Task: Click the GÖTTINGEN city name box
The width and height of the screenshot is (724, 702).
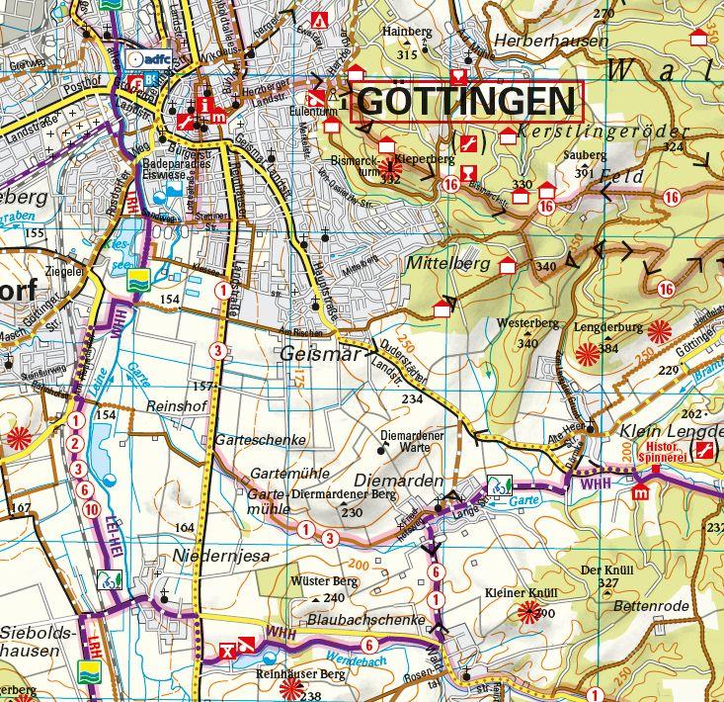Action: pyautogui.click(x=465, y=101)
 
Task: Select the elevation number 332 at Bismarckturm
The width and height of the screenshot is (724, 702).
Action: pyautogui.click(x=390, y=179)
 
